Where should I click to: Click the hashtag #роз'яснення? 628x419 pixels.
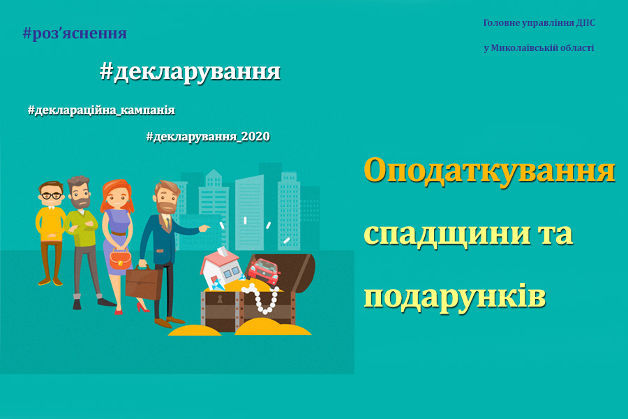pos(75,34)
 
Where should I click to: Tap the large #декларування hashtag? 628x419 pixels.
pos(190,73)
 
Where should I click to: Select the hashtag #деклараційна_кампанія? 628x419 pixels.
pos(101,110)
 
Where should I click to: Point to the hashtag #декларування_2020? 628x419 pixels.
pos(208,136)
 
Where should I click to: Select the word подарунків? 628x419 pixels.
pos(454,297)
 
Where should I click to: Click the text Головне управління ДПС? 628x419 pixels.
pos(539,23)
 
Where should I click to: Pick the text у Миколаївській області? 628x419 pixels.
pos(539,47)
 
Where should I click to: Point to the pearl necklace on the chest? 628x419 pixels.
pos(262,297)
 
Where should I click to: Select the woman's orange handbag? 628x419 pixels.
pos(120,259)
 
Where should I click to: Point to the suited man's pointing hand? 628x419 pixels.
pos(204,228)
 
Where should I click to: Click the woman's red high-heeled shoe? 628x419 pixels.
pos(142,308)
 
